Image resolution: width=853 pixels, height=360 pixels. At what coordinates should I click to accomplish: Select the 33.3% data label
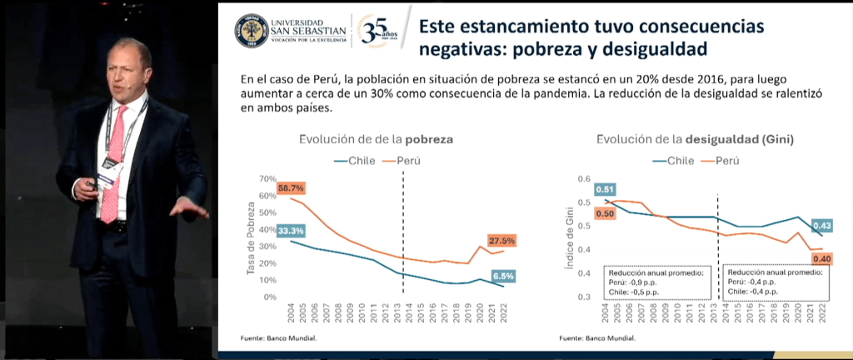tap(292, 230)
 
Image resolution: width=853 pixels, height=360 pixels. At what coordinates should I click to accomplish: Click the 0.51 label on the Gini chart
tap(604, 188)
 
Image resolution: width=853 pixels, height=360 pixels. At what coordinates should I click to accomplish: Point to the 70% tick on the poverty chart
tap(267, 178)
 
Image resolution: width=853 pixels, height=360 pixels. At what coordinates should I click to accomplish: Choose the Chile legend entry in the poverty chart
tap(355, 159)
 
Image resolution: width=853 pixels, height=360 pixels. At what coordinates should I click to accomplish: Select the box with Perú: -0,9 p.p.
tap(658, 282)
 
